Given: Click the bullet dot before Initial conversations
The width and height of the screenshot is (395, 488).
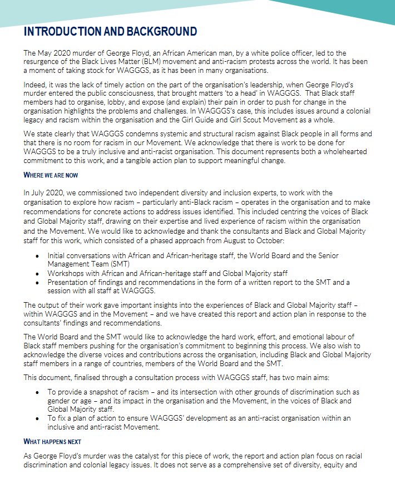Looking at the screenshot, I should click(x=37, y=256).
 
